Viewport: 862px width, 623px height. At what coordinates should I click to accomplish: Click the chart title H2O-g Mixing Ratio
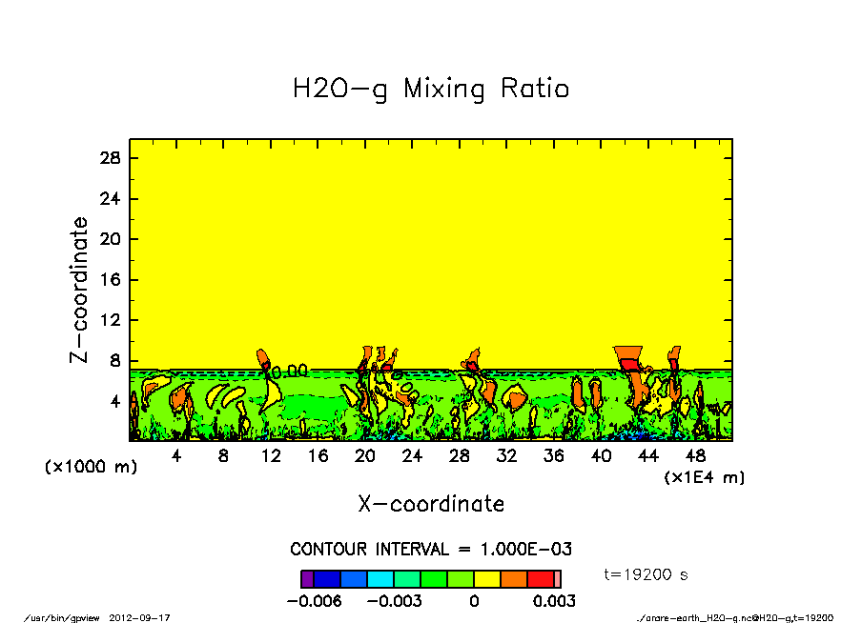pyautogui.click(x=431, y=90)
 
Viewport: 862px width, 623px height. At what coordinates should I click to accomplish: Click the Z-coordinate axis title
pyautogui.click(x=80, y=290)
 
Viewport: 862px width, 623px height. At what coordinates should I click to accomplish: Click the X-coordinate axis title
pyautogui.click(x=431, y=504)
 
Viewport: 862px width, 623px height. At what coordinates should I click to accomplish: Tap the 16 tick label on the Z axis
pyautogui.click(x=111, y=280)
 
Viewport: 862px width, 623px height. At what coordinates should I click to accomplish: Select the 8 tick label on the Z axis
pyautogui.click(x=115, y=361)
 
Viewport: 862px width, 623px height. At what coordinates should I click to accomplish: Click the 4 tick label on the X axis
pyautogui.click(x=176, y=456)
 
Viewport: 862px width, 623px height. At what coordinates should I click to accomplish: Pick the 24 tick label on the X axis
pyautogui.click(x=412, y=456)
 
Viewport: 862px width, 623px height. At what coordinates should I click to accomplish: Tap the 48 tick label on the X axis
pyautogui.click(x=695, y=456)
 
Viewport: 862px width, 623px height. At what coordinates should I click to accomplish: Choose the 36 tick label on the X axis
pyautogui.click(x=554, y=456)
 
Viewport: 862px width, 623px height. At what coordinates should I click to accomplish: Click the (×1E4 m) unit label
pyautogui.click(x=704, y=476)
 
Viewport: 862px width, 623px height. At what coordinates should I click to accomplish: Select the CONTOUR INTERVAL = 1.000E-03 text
pyautogui.click(x=431, y=550)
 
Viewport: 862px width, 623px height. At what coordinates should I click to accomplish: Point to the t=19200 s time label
pyautogui.click(x=646, y=574)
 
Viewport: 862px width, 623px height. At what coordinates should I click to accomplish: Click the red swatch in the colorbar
pyautogui.click(x=540, y=578)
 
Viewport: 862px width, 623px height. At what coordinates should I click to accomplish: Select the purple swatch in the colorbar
pyautogui.click(x=307, y=578)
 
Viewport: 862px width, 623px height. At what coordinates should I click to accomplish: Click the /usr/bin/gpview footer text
pyautogui.click(x=70, y=617)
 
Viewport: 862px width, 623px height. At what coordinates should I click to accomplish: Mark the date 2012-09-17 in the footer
pyautogui.click(x=147, y=617)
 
